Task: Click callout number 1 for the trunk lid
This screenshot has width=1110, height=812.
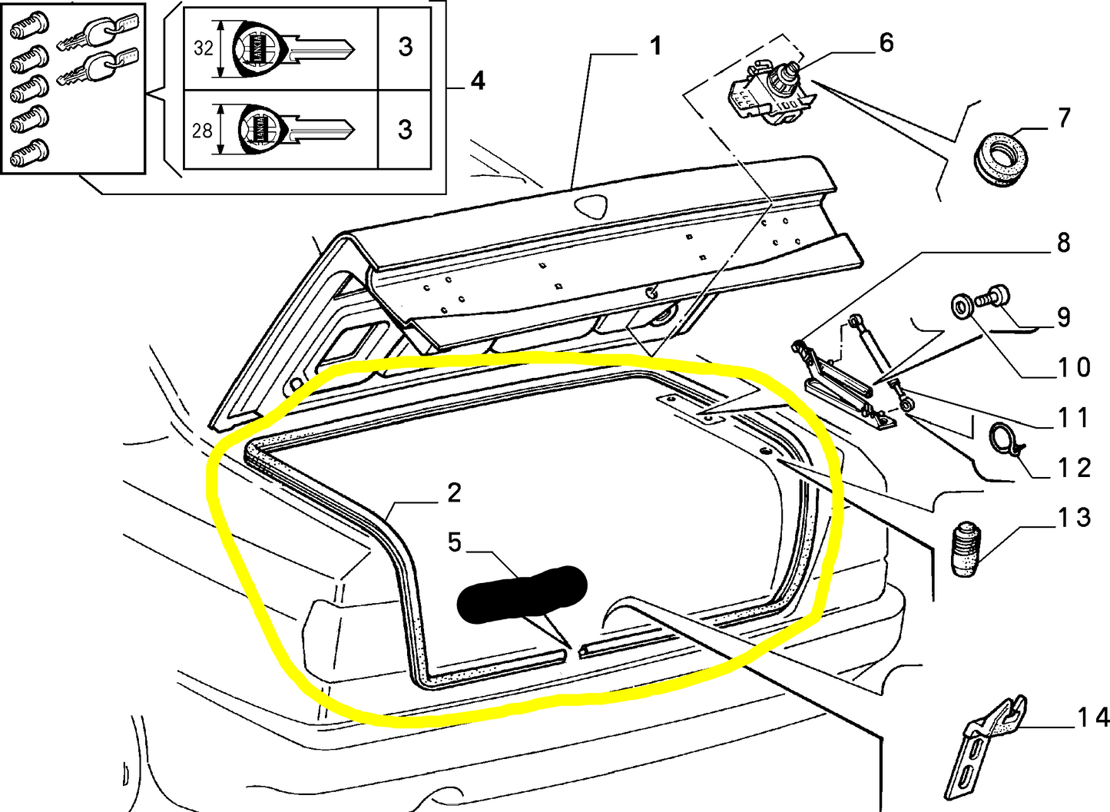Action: (654, 47)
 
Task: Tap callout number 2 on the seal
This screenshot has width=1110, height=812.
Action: (454, 492)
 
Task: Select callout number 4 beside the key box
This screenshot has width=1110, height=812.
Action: (477, 81)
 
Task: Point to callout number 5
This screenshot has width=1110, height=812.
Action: (455, 542)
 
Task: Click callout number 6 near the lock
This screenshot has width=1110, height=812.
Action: (886, 43)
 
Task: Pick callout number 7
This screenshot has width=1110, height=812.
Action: (1064, 118)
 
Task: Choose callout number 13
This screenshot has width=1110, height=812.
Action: (1074, 518)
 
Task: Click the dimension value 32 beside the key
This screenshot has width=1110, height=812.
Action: (203, 48)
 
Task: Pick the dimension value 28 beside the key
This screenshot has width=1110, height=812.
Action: (201, 131)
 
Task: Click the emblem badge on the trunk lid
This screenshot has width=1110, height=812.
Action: (590, 205)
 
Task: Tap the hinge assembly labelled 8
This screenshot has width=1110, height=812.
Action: (841, 380)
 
